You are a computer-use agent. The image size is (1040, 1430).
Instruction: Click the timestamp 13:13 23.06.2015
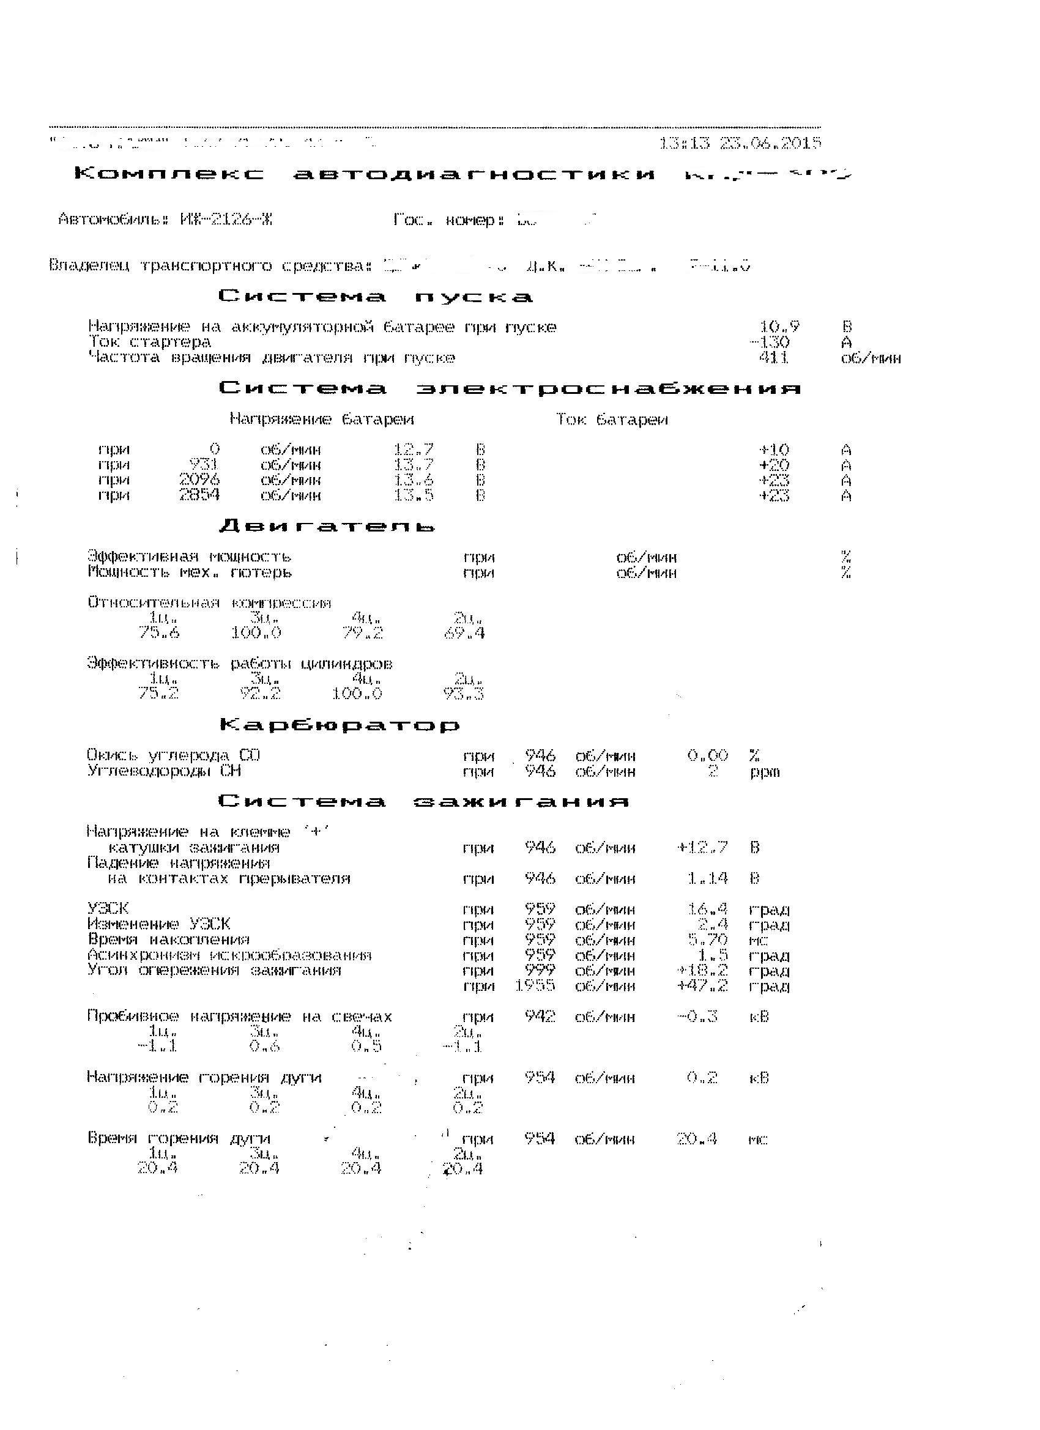click(740, 143)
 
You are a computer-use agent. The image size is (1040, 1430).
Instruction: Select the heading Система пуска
click(376, 297)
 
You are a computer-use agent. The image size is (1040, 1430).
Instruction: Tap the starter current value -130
click(770, 343)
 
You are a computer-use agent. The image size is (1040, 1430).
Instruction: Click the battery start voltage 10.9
click(779, 327)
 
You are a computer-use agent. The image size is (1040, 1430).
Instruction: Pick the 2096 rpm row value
click(199, 480)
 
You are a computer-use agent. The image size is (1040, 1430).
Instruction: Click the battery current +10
click(774, 450)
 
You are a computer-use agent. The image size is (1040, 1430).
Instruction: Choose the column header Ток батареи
click(612, 420)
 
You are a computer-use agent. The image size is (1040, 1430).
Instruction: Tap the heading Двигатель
click(327, 526)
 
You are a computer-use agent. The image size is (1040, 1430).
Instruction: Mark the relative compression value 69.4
click(465, 632)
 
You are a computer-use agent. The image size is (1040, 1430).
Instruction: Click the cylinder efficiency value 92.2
click(261, 694)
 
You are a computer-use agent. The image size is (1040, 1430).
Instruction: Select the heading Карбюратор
click(340, 725)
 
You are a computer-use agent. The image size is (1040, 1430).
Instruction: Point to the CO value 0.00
click(708, 755)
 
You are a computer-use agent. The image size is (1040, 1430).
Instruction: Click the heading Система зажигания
click(424, 801)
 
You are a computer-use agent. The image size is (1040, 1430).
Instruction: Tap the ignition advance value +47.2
click(702, 986)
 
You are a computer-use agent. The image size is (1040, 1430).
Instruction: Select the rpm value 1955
click(535, 986)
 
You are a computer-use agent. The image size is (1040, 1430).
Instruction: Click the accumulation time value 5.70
click(708, 940)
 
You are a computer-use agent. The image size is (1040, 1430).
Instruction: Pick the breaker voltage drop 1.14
click(708, 878)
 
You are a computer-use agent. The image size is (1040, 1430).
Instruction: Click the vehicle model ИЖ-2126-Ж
click(226, 220)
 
